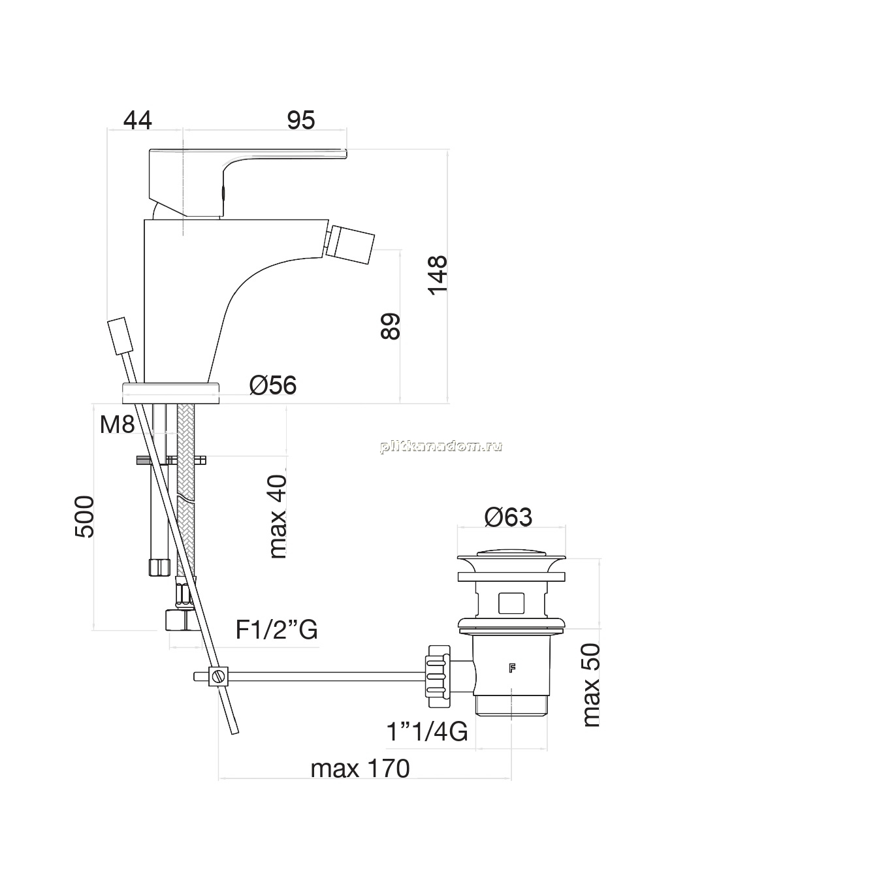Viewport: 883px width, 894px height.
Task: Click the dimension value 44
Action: click(137, 121)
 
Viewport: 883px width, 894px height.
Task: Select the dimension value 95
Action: click(300, 121)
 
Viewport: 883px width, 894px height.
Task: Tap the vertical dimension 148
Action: click(437, 275)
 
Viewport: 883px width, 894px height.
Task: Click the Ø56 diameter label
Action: click(273, 385)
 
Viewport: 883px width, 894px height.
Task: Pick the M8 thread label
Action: click(117, 424)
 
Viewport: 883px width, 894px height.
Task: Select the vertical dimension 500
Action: click(84, 517)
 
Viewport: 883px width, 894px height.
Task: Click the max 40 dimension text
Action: click(278, 517)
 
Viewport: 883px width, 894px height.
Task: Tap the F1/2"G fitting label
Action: click(276, 630)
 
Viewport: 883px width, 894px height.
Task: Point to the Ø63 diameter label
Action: click(508, 517)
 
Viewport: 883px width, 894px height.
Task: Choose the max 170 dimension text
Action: click(360, 769)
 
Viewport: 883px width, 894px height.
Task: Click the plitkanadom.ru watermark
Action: click(441, 446)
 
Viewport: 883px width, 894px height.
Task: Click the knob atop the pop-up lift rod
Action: click(120, 336)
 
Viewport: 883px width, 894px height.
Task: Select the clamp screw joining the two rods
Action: click(218, 677)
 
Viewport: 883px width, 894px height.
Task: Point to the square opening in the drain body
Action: click(511, 603)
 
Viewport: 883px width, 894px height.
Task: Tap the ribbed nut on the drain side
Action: click(439, 676)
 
